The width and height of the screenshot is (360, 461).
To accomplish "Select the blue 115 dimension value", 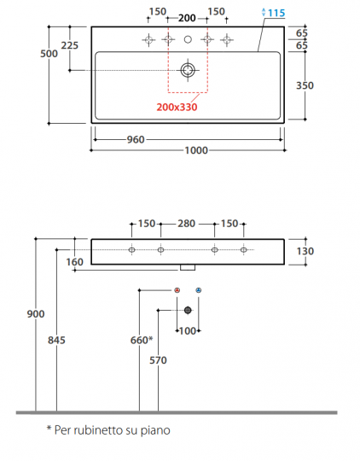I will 275,12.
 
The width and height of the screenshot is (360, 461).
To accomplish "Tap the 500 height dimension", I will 49,54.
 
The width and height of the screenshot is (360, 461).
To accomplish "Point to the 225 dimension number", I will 70,44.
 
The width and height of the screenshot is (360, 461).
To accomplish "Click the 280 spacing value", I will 188,224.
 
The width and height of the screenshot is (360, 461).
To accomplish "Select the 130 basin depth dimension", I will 305,251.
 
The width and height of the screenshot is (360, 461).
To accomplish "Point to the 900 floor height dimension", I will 24,314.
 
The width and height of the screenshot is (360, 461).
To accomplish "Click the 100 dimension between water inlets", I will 188,330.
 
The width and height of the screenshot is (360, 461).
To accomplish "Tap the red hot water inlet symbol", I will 177,292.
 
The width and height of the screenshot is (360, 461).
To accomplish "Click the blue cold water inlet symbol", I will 199,292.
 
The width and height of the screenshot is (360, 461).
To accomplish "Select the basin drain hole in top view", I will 188,69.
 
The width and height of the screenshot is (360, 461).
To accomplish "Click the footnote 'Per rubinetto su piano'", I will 108,430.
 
